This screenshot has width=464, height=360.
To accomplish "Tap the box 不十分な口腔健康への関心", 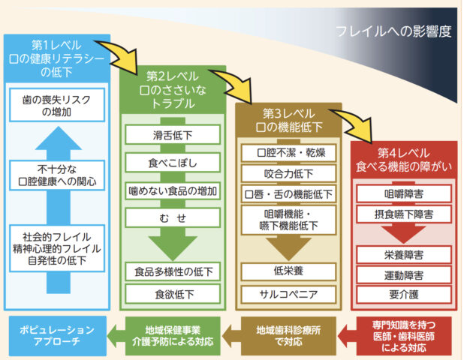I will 57,175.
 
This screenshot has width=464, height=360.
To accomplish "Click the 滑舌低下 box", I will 172,135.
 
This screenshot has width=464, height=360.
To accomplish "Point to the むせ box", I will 172,217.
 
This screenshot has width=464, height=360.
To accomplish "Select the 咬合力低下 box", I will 289,174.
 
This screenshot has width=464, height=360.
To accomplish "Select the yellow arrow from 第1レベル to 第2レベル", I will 131,57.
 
